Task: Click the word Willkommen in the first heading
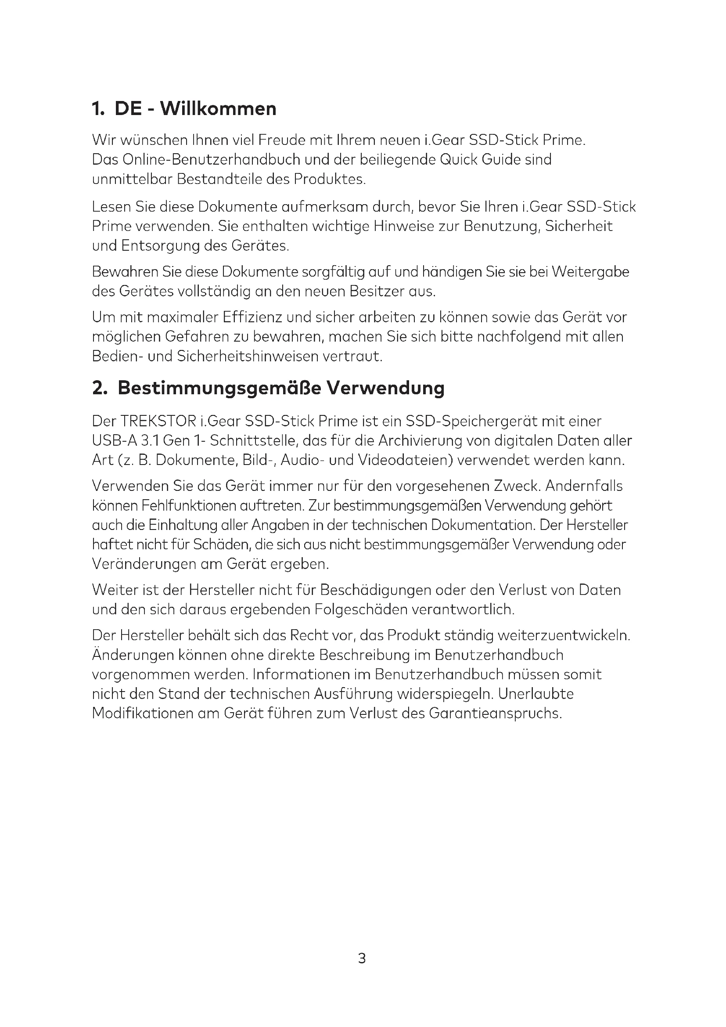(x=218, y=109)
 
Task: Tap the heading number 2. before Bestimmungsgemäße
(x=100, y=388)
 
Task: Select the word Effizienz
(x=249, y=317)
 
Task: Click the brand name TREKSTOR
(x=159, y=421)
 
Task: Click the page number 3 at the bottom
(x=362, y=958)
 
